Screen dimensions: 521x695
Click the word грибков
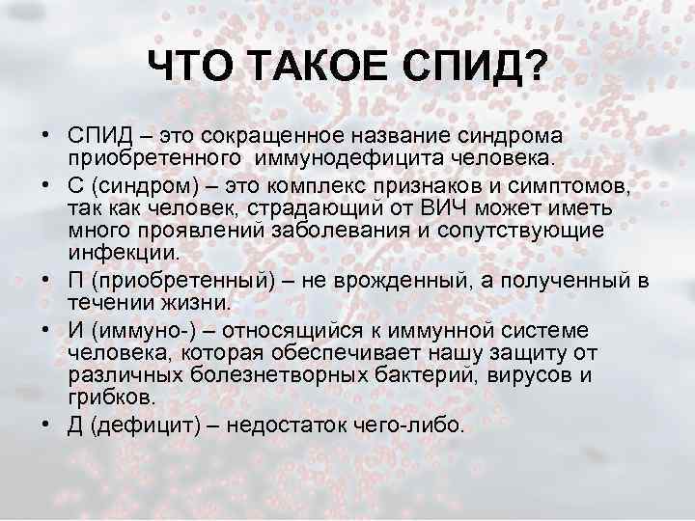[111, 398]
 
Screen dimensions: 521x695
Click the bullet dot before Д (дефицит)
[46, 425]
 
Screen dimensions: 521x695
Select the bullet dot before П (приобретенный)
[46, 281]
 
